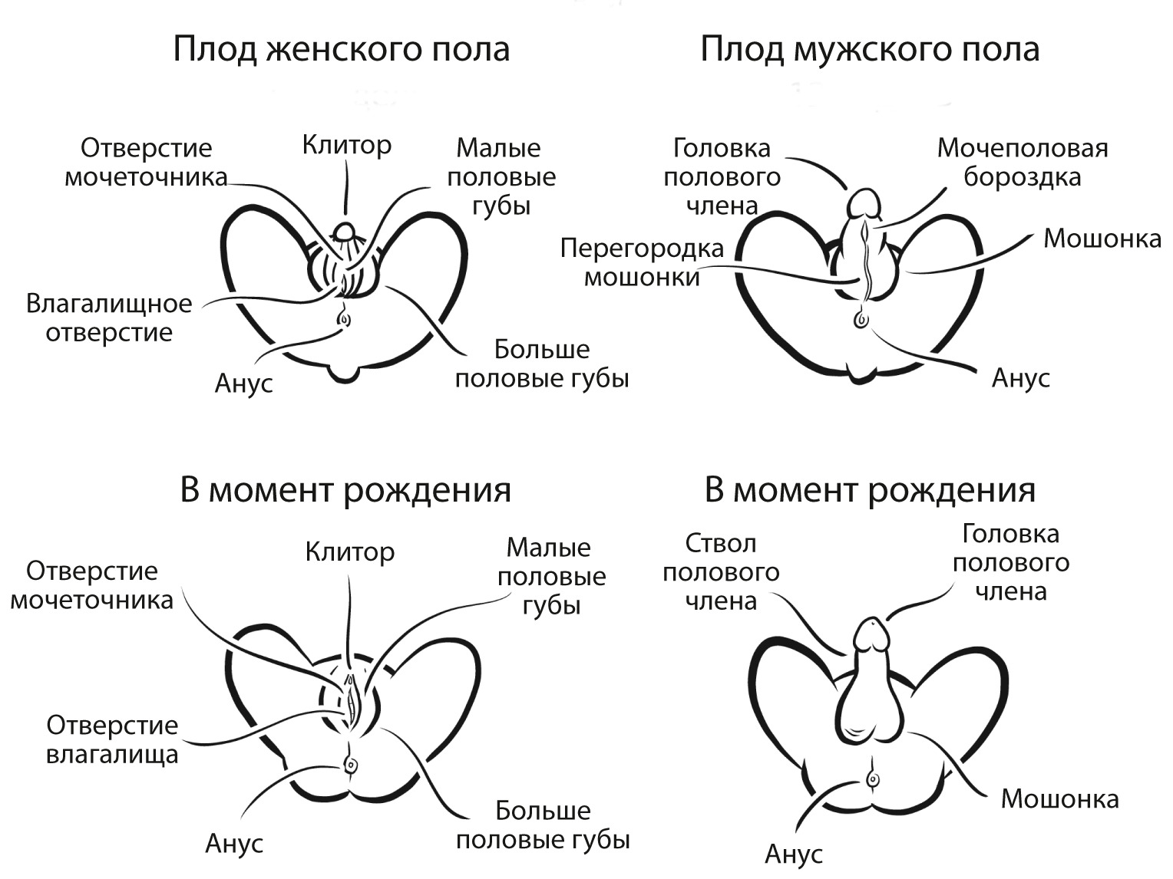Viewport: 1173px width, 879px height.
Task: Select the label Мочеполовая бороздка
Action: click(x=1023, y=163)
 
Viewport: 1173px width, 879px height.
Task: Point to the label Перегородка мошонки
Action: click(x=642, y=262)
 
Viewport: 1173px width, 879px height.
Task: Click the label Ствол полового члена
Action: click(x=721, y=573)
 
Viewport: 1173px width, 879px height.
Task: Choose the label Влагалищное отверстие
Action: click(x=109, y=318)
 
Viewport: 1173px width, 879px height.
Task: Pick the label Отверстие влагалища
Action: click(x=112, y=739)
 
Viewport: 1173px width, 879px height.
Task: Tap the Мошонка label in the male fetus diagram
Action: click(x=1102, y=239)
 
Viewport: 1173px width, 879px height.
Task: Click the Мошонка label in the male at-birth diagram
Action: click(x=1059, y=799)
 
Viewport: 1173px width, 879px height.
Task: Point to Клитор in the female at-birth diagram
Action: click(x=350, y=552)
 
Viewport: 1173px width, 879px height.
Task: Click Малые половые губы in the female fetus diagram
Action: click(x=501, y=177)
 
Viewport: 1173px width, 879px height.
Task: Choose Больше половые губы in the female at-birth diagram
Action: click(x=543, y=825)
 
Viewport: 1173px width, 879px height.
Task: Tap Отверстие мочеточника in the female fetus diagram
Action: click(x=146, y=163)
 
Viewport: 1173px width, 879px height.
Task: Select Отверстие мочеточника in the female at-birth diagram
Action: click(x=92, y=585)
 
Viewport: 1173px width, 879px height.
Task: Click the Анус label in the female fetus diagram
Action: click(x=243, y=384)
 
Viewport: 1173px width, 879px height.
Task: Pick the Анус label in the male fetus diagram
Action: click(x=1021, y=378)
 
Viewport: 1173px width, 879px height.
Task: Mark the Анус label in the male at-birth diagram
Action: click(x=794, y=854)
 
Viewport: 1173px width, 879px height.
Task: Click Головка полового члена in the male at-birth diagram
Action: click(x=1010, y=563)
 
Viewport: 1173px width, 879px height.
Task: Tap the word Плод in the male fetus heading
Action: click(x=742, y=50)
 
